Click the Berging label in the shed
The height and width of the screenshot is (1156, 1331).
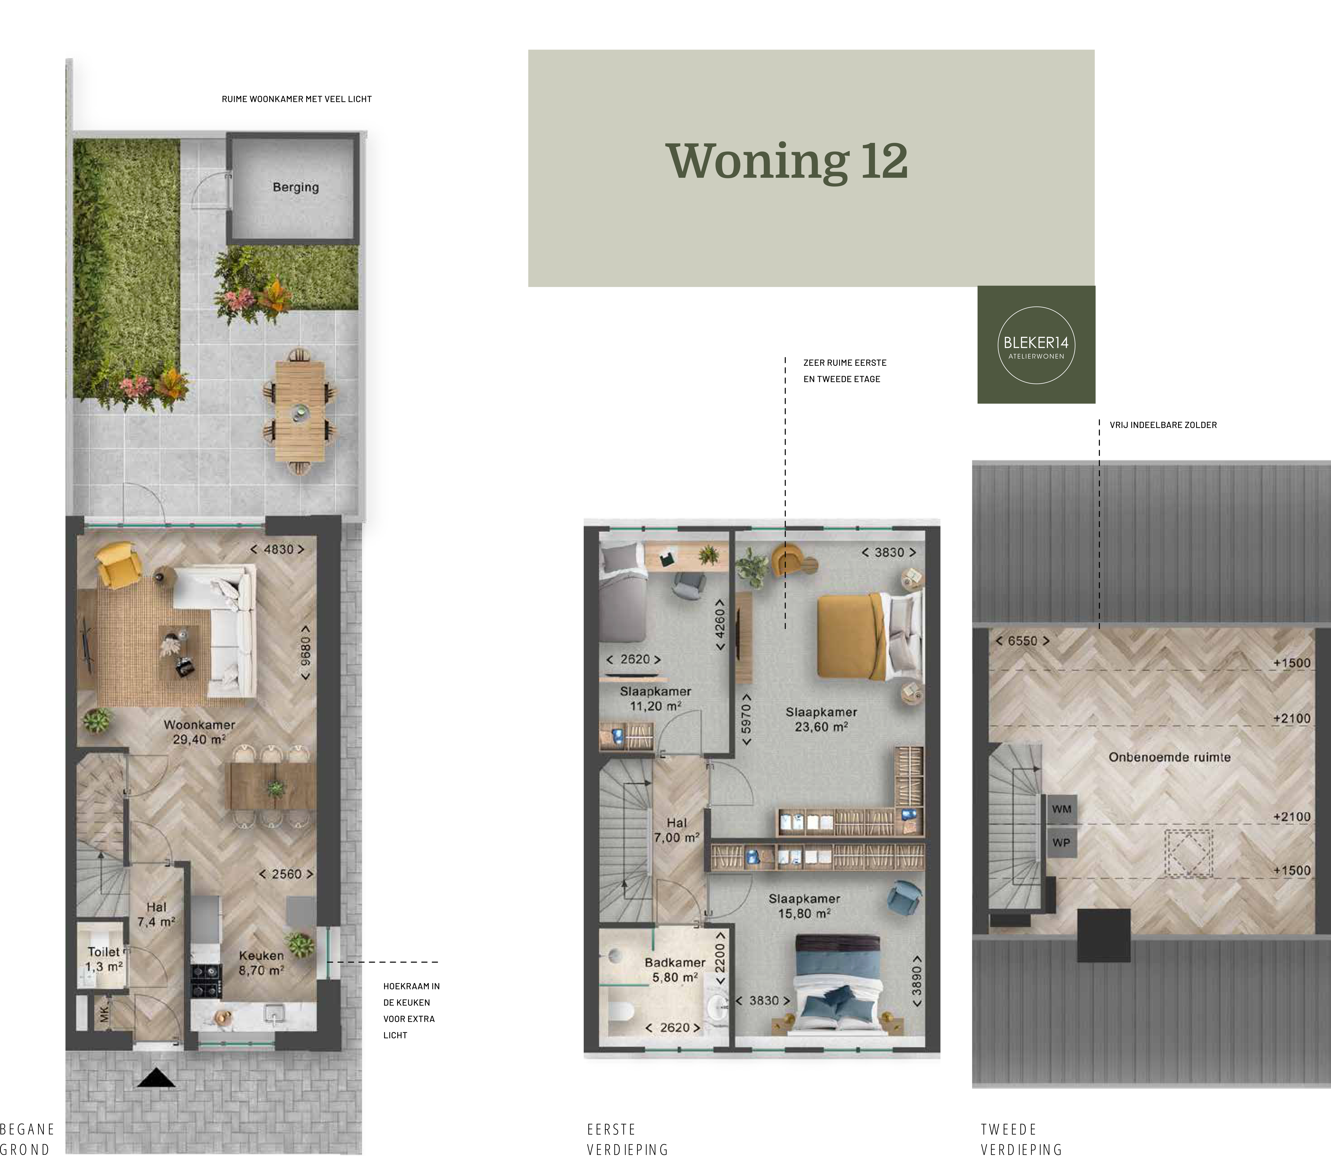(x=296, y=187)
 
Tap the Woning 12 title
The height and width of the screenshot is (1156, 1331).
(x=787, y=161)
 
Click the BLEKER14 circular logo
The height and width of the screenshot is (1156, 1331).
(x=1036, y=345)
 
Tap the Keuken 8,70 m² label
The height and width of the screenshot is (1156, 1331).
(x=261, y=963)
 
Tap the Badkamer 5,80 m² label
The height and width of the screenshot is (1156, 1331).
(x=675, y=970)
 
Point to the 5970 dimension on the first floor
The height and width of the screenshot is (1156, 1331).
(x=746, y=719)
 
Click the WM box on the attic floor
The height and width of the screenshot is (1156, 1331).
(x=1061, y=809)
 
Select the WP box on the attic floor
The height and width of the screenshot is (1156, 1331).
(x=1061, y=843)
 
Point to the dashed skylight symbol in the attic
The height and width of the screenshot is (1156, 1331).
(x=1188, y=853)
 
